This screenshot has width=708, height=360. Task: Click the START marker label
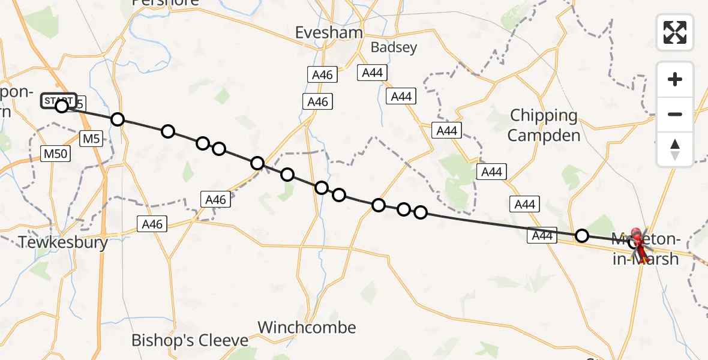[58, 100]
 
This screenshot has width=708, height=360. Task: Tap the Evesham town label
[329, 32]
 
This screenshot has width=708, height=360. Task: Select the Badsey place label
[394, 48]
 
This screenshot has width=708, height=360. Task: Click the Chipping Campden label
[544, 125]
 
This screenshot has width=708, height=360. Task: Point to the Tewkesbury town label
[63, 242]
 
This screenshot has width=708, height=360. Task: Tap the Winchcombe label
[307, 328]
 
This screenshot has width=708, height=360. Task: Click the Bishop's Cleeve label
[190, 341]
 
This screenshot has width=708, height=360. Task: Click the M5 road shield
[91, 139]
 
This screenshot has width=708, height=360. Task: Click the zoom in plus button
[675, 79]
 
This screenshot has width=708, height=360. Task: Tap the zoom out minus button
[675, 114]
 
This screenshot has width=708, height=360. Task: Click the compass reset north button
[675, 149]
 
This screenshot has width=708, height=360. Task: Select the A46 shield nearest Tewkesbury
[152, 224]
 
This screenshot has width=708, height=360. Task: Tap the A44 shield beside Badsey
[372, 73]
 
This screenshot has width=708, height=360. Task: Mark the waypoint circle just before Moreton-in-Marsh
[581, 235]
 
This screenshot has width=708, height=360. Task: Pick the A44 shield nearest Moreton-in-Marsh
[542, 236]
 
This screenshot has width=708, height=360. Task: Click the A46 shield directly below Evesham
[322, 75]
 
